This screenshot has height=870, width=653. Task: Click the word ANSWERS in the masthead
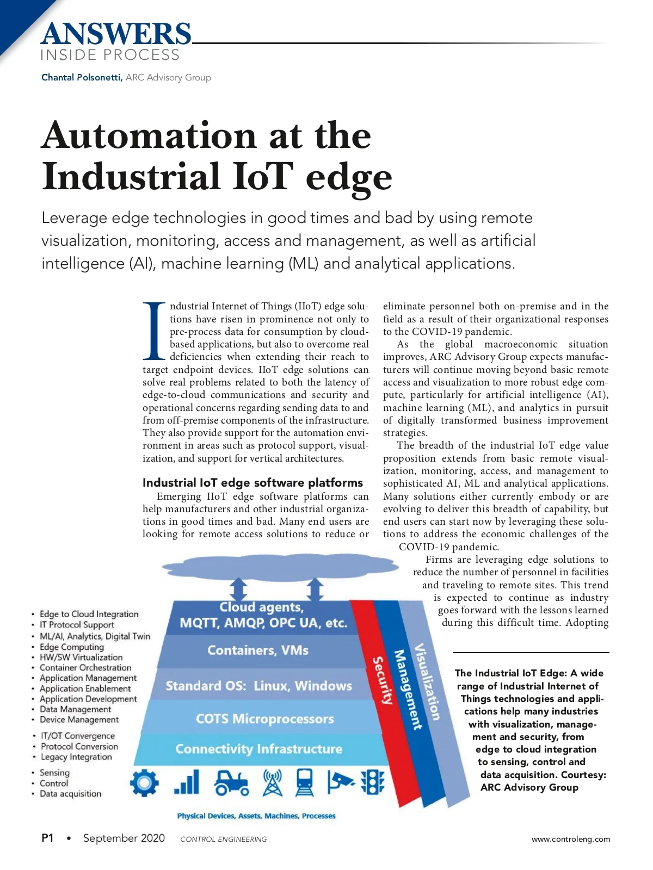(x=116, y=34)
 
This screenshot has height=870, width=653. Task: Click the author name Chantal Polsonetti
(x=82, y=77)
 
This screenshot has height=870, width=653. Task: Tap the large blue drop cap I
(x=154, y=331)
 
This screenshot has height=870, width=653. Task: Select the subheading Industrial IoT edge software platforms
(x=252, y=482)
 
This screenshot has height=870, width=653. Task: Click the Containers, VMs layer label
(x=258, y=650)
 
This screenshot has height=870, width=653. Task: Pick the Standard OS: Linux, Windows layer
(x=258, y=686)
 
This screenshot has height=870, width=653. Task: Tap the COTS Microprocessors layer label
(x=264, y=719)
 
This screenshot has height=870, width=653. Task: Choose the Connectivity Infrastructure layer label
(x=258, y=749)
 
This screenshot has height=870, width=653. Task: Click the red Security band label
(x=382, y=680)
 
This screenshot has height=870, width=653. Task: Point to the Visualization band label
(x=427, y=682)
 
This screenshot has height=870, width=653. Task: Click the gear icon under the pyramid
(x=144, y=783)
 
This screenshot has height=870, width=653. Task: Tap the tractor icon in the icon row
(x=232, y=783)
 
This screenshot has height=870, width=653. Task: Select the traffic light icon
(x=373, y=783)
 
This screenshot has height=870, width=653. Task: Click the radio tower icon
(x=273, y=783)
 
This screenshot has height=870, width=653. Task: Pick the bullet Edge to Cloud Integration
(x=89, y=614)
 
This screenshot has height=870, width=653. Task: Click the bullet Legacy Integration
(x=76, y=757)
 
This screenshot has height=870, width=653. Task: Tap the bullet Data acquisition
(x=70, y=794)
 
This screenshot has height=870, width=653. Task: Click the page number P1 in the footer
(x=47, y=838)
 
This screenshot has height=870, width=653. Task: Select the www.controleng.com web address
(x=570, y=839)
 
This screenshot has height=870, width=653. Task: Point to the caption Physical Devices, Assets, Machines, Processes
(x=256, y=816)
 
